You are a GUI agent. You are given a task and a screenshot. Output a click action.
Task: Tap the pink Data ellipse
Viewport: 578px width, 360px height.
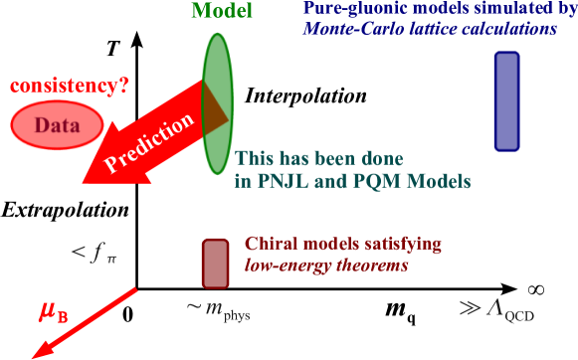(57, 124)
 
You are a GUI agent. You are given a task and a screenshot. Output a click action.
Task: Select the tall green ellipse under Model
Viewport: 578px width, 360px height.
(218, 99)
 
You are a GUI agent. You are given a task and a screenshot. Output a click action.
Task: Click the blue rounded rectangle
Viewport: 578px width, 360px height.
(506, 101)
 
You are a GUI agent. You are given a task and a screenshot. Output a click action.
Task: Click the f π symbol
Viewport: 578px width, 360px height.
(96, 255)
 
